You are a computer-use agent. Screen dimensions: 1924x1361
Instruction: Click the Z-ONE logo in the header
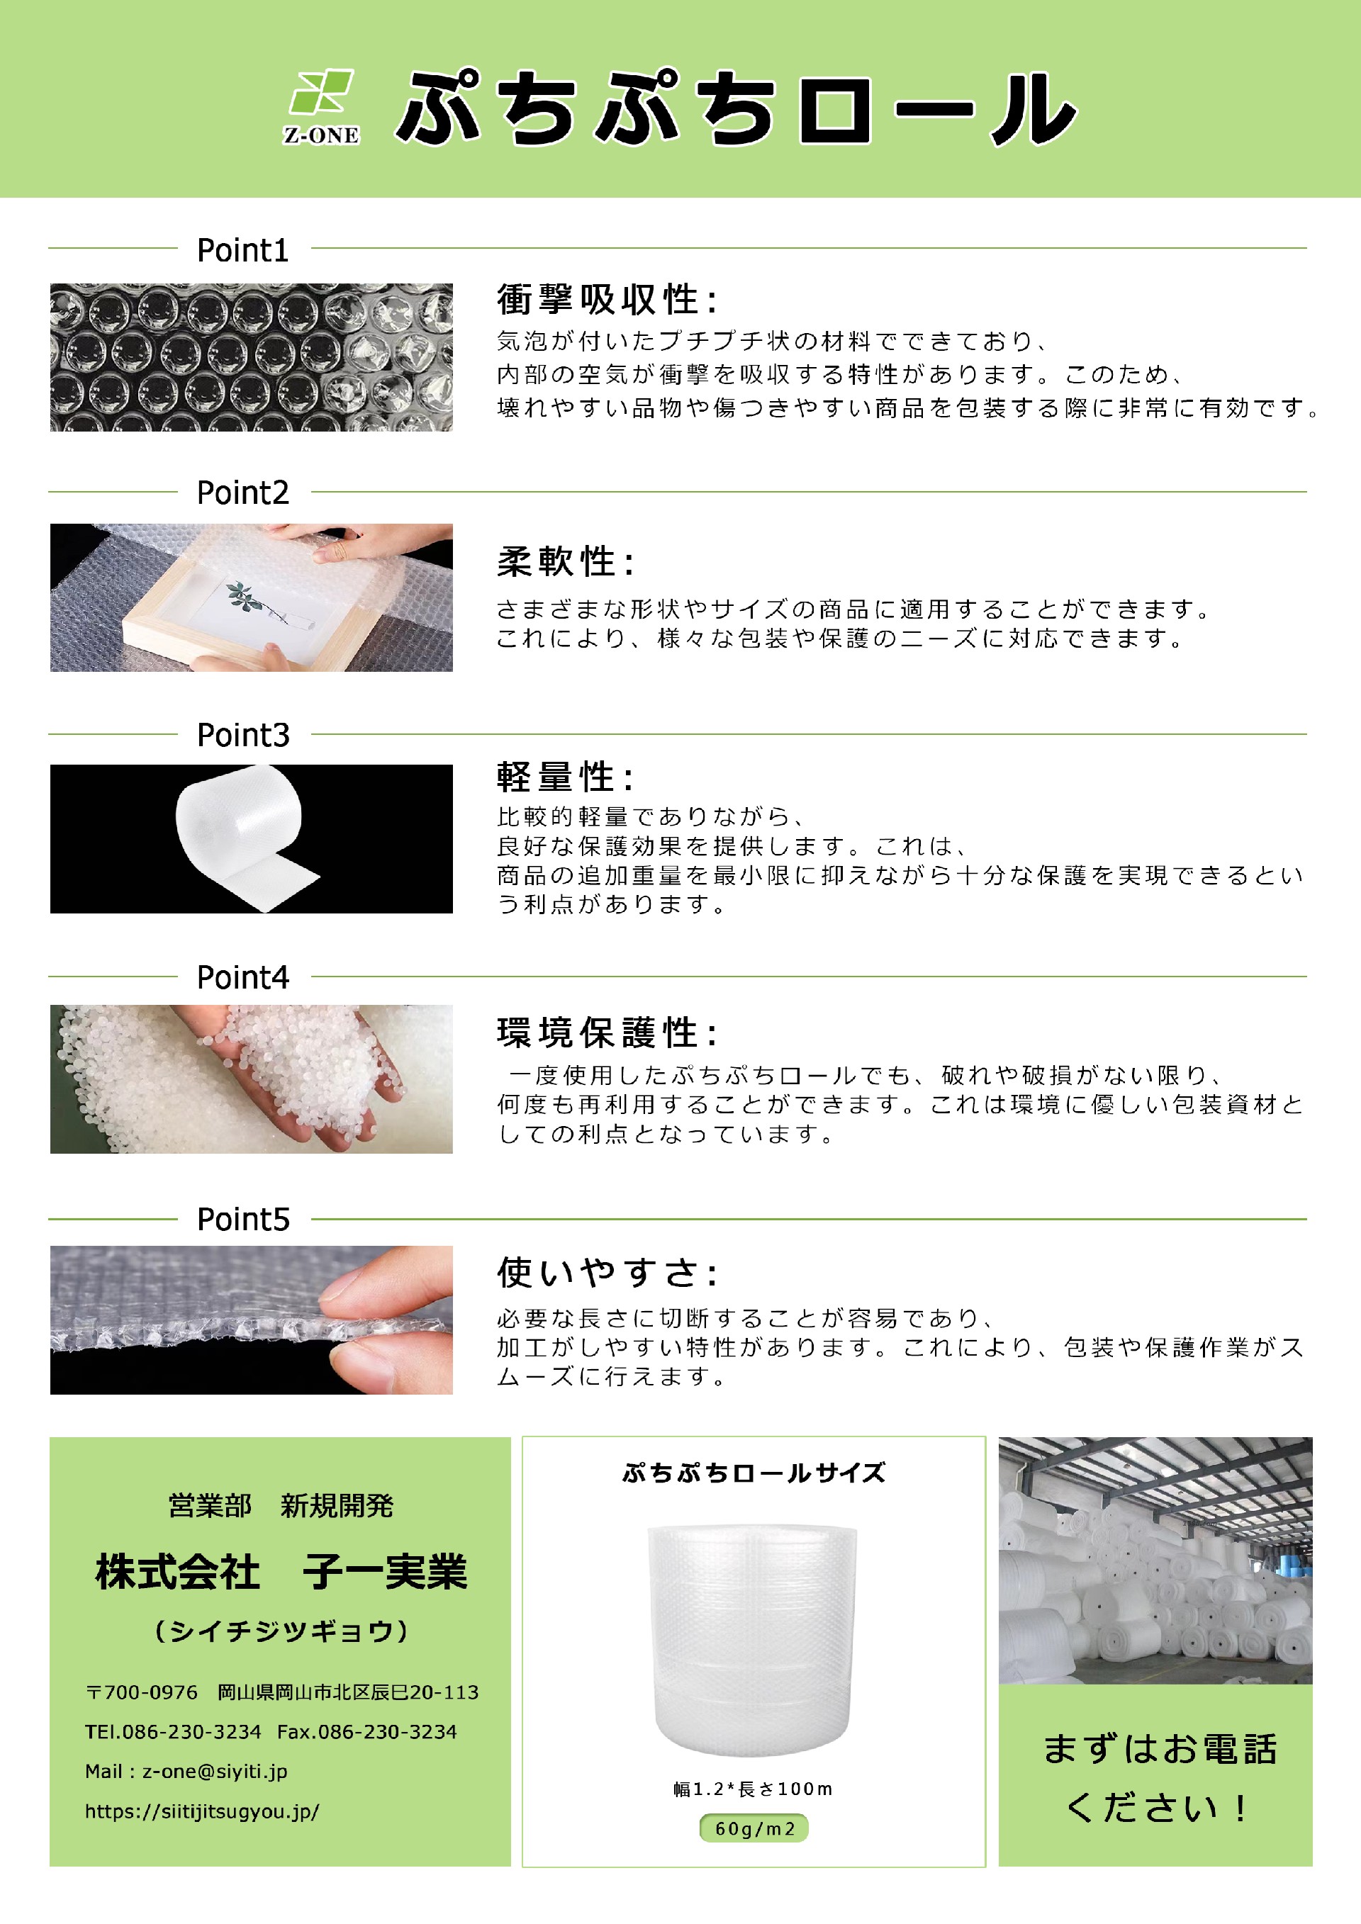tap(322, 107)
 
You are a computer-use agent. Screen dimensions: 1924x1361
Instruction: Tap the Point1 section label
tap(243, 249)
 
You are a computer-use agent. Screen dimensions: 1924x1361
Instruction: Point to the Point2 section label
tap(243, 493)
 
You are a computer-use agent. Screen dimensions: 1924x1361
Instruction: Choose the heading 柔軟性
tap(566, 561)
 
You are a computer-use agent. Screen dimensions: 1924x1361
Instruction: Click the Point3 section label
tap(243, 735)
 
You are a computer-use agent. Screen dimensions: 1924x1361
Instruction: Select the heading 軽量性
tap(566, 777)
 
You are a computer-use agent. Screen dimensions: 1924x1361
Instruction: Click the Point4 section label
tap(243, 977)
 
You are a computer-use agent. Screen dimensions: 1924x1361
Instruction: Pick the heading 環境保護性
tap(607, 1033)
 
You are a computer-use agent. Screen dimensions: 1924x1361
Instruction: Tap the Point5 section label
tap(243, 1220)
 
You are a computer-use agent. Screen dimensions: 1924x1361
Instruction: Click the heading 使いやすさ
tap(607, 1272)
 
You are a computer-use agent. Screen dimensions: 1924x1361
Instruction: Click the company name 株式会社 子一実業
tap(281, 1572)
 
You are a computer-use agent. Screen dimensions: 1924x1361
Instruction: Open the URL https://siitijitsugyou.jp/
tap(202, 1811)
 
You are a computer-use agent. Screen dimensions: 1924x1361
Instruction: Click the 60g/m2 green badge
tap(754, 1828)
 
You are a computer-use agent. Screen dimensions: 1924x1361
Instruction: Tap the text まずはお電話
tap(1159, 1749)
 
